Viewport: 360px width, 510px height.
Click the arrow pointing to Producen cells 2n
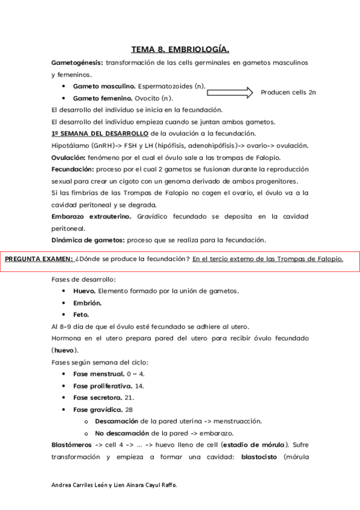(231, 92)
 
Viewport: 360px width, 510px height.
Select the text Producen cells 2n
(288, 92)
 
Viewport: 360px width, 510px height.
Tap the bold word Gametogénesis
(78, 63)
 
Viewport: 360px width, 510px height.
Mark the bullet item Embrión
(87, 303)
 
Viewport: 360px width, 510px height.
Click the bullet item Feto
(81, 314)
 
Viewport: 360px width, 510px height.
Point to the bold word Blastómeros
(72, 445)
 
